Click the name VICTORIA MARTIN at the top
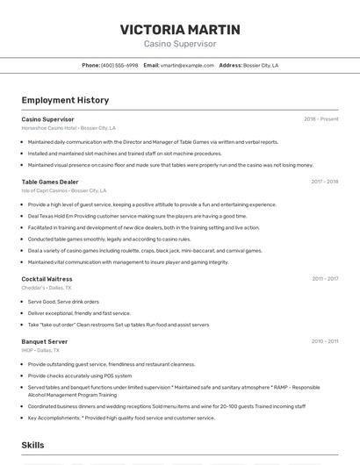point(179,29)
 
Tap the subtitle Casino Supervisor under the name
point(179,44)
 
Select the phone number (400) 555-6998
point(119,65)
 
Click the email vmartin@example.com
point(187,65)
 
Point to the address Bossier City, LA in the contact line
point(261,65)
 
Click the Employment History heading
point(65,100)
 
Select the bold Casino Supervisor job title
point(47,118)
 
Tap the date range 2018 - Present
point(320,118)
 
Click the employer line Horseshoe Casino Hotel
point(68,127)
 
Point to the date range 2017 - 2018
point(324,182)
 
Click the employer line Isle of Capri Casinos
point(64,190)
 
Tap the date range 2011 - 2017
point(325,279)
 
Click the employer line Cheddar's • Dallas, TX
point(47,288)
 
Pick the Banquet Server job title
point(45,341)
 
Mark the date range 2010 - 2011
point(325,341)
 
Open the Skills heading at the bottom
point(32,446)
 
